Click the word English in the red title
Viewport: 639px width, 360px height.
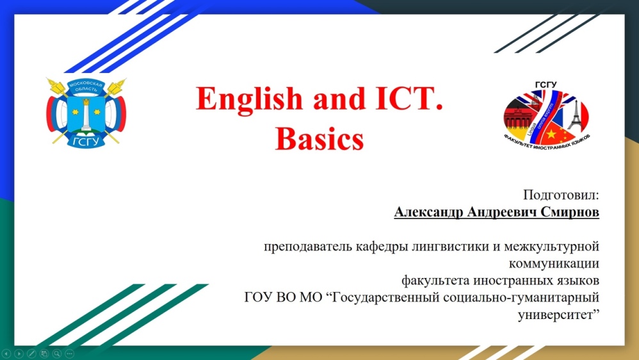tap(249, 100)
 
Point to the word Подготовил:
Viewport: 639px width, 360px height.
tap(561, 195)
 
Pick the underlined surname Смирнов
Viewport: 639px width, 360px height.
tap(570, 212)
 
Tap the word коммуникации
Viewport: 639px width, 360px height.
tap(554, 264)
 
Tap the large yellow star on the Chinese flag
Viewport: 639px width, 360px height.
tap(551, 133)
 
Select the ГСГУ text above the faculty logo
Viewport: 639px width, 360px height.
tap(546, 85)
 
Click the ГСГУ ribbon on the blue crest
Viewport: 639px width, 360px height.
tap(86, 141)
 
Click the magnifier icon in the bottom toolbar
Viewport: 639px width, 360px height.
tap(56, 354)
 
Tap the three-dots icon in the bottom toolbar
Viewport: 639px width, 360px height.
tap(69, 354)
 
